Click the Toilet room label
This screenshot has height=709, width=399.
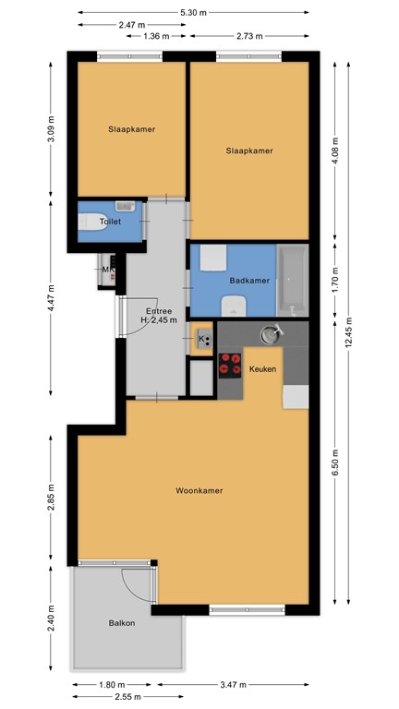(x=111, y=222)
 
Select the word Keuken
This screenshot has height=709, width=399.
(x=263, y=368)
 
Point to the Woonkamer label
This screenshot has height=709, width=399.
(x=200, y=490)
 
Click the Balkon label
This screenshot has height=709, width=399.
(x=121, y=623)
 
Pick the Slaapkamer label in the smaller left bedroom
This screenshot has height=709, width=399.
(x=131, y=129)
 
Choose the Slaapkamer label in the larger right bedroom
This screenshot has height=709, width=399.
(x=249, y=150)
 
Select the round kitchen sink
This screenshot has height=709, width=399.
(x=271, y=332)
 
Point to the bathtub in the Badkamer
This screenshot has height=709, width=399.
(x=293, y=279)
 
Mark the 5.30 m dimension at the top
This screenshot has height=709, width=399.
(x=193, y=12)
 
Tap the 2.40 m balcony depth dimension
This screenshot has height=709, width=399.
(x=51, y=617)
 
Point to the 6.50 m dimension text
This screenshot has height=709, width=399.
(x=334, y=459)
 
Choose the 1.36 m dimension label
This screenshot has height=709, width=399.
(x=158, y=36)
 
